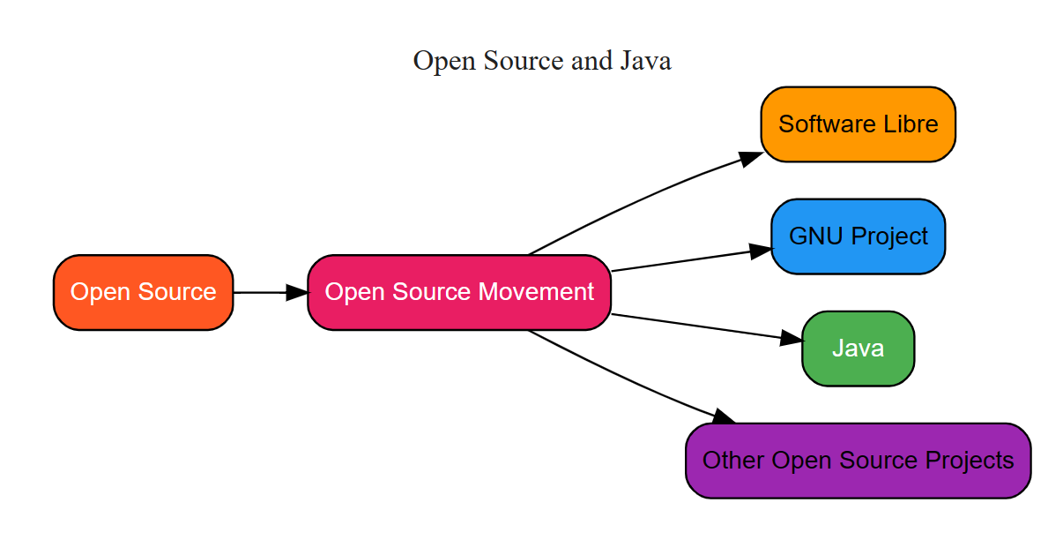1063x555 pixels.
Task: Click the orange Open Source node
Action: (x=143, y=292)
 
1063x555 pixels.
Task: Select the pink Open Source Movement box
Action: (x=458, y=292)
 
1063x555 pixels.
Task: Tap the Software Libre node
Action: (x=858, y=124)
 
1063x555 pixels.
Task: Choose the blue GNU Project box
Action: (x=858, y=236)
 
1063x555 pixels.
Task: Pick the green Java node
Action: (x=858, y=349)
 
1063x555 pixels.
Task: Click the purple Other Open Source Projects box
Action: (x=858, y=461)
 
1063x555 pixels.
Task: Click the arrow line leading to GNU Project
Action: (x=679, y=261)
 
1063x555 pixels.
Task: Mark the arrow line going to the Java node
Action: (x=696, y=326)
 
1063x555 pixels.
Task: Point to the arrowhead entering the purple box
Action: (x=723, y=416)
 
